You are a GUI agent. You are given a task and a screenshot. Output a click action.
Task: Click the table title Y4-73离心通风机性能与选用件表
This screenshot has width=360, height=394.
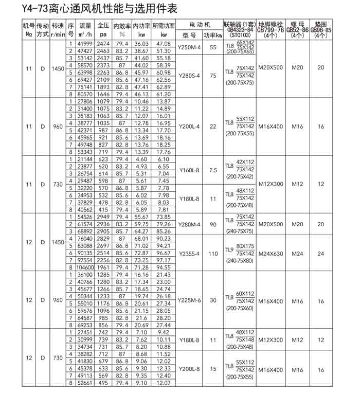93,9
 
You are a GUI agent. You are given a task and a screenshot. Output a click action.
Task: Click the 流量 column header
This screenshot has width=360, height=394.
85,25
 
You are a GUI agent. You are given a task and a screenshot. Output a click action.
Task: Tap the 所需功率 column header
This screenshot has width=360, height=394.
164,25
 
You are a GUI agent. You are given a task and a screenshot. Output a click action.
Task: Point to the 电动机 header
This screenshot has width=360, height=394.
200,24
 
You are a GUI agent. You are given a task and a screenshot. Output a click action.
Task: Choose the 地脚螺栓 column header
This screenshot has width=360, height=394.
271,24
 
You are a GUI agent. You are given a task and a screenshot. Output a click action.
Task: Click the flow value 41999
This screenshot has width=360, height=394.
85,44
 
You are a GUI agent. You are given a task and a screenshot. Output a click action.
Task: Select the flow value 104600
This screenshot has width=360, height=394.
85,267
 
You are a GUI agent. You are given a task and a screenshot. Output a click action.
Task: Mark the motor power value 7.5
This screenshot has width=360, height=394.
212,169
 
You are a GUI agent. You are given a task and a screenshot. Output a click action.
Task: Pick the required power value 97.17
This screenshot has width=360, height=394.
164,260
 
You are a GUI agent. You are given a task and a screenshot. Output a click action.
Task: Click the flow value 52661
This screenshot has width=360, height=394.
85,383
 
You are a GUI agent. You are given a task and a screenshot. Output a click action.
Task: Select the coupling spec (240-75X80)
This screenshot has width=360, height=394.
240,261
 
